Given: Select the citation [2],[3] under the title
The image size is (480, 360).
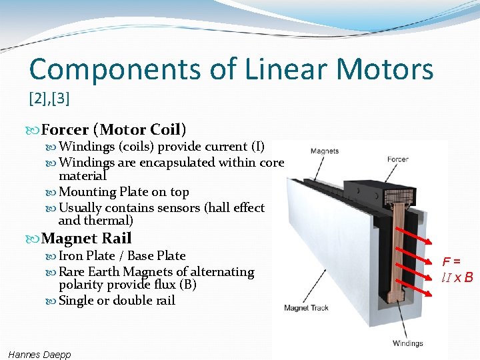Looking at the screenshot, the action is [49, 99].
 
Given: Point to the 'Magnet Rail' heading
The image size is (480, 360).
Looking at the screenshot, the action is [86, 238].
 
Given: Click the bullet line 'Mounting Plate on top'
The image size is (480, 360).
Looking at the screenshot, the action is [124, 192].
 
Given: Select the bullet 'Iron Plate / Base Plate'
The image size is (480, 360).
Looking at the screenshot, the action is [122, 256].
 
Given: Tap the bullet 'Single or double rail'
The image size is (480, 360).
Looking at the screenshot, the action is [117, 301].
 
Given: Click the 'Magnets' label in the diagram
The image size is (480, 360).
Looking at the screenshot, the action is [324, 151].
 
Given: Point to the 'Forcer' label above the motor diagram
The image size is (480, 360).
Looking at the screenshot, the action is [398, 159].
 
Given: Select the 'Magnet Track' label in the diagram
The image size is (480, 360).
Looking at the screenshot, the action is [306, 308].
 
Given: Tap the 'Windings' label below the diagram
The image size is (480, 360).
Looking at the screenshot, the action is [407, 344].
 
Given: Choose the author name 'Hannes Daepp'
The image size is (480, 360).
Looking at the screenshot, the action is [40, 355].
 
